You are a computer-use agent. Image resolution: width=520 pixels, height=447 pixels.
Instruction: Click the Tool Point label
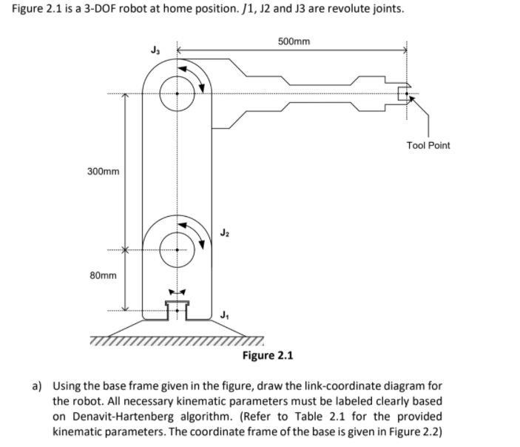pyautogui.click(x=428, y=145)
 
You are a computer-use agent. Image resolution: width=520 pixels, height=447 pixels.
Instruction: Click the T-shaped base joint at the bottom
pyautogui.click(x=177, y=306)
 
